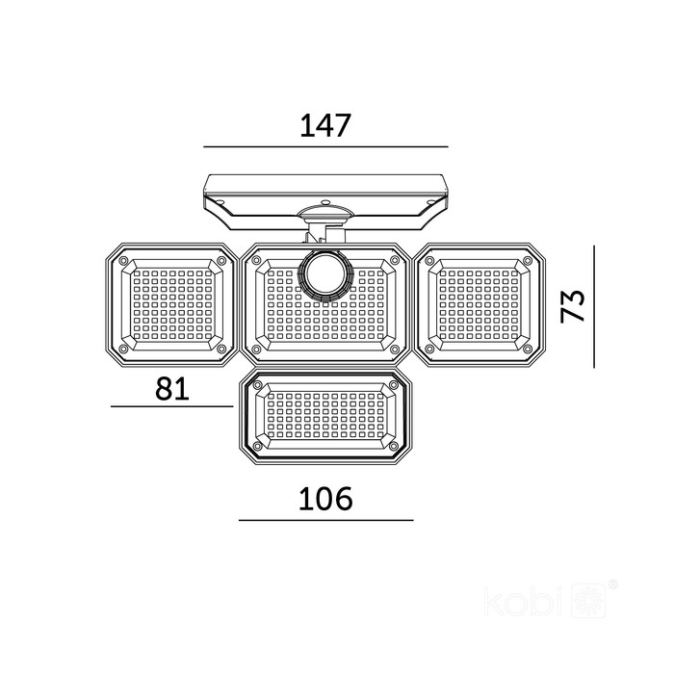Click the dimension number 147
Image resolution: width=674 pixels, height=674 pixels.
[325, 125]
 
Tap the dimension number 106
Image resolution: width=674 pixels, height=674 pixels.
[325, 499]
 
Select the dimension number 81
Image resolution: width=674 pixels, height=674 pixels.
[172, 389]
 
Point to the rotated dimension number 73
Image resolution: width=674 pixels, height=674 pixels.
[573, 305]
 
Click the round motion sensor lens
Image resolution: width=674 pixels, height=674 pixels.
[325, 275]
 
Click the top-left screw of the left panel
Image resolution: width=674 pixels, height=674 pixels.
[123, 261]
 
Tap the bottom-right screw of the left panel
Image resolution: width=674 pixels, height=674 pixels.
[221, 349]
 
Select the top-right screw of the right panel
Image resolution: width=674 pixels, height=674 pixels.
[527, 261]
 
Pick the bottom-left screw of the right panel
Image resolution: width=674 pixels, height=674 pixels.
[428, 349]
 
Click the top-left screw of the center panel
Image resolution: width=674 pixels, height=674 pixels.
[257, 261]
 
